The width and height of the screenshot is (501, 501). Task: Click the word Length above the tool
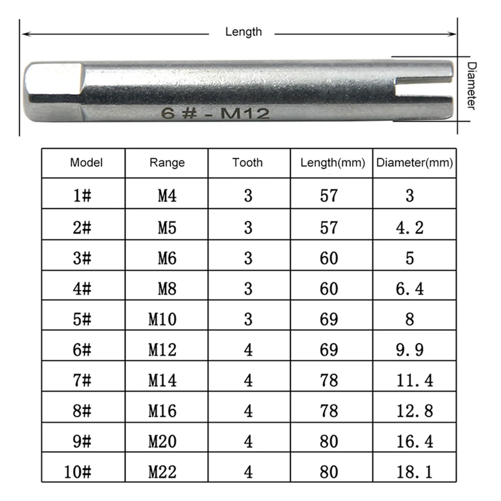243,32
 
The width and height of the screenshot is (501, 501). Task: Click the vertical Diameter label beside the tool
471,86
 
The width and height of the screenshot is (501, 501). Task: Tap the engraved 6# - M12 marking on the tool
215,113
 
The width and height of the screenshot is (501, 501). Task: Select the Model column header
86,162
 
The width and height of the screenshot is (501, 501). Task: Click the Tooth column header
248,162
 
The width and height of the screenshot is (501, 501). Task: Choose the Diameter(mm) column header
414,162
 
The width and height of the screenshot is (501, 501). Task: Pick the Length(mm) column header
332,162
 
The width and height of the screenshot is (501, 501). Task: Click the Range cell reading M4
167,195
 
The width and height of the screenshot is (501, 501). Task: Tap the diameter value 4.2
410,228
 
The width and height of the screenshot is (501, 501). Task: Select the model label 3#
82,258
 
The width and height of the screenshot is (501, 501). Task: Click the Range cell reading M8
167,288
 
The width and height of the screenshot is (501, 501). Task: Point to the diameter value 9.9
410,350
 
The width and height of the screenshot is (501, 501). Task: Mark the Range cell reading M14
162,380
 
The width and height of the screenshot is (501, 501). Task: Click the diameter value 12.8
414,411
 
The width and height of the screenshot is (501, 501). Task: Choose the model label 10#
78,472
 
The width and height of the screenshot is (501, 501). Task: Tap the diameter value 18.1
414,472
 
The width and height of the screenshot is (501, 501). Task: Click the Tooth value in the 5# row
248,319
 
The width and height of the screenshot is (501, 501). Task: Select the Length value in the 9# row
329,441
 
